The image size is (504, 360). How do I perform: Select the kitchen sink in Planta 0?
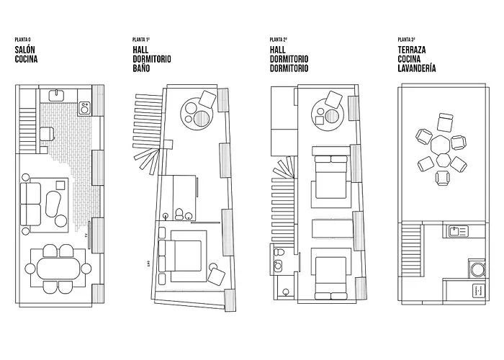click(56, 94)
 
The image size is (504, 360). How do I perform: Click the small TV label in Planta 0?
click(87, 235)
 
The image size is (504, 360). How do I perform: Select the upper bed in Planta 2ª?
click(332, 173)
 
